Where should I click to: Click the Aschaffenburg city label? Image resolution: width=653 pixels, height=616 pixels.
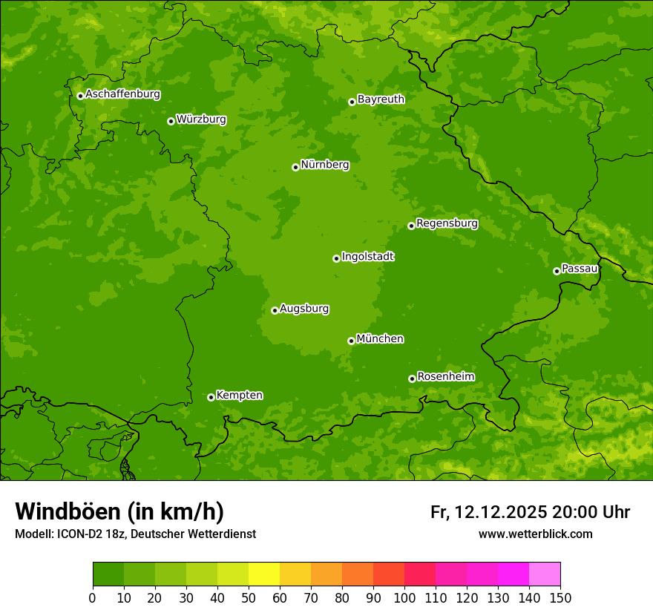[x=122, y=94]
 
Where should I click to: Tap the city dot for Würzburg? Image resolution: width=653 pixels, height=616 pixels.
[x=171, y=121]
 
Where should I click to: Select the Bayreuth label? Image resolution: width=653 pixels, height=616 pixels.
[x=381, y=99]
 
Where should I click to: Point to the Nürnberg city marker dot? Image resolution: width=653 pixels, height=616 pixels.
[x=295, y=167]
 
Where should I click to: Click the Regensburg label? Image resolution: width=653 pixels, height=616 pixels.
[x=447, y=223]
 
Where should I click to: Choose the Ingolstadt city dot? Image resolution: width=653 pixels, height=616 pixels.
[x=336, y=258]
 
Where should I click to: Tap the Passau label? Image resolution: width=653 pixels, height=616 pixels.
[x=580, y=269]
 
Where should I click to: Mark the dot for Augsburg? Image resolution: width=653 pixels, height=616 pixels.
[x=275, y=310]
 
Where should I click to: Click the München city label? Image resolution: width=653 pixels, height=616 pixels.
[x=380, y=339]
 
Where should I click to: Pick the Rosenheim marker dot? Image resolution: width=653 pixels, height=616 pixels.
[x=412, y=379]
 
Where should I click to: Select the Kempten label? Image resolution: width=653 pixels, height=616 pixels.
[x=239, y=396]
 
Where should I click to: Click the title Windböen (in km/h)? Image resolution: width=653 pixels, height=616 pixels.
[x=119, y=511]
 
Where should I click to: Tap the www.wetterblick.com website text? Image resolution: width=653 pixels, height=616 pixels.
[x=535, y=534]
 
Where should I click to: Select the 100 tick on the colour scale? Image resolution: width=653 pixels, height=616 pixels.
[x=404, y=597]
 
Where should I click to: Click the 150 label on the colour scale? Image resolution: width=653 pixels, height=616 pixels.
[x=560, y=597]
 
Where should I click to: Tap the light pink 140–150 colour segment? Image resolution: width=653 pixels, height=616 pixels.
[x=545, y=574]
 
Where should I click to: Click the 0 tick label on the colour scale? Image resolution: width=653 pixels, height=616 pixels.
[x=93, y=597]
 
